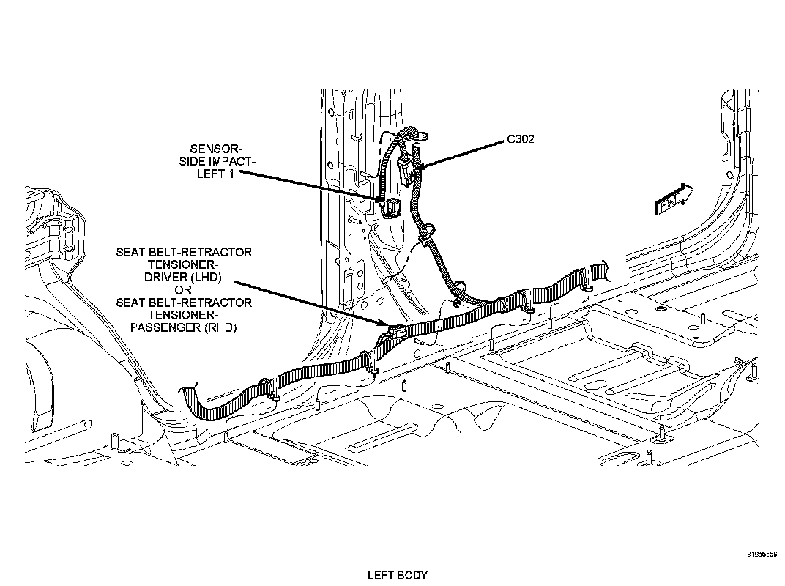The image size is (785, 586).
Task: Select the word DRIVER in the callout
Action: tap(165, 278)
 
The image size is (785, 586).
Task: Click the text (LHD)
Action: tap(205, 278)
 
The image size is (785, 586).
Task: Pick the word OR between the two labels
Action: tap(184, 290)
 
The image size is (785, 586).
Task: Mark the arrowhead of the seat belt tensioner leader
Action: tap(388, 323)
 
